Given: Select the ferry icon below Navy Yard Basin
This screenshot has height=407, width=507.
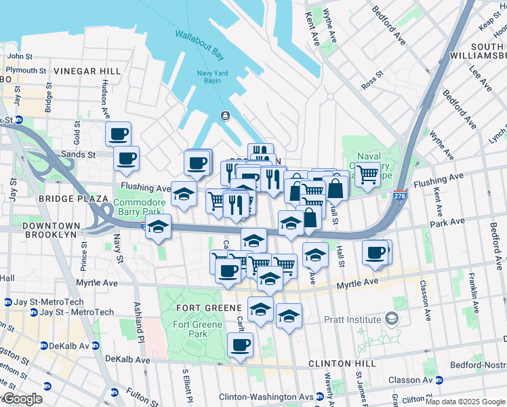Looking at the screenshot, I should (x=224, y=116).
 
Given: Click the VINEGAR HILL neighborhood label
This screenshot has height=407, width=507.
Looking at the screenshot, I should (x=87, y=71).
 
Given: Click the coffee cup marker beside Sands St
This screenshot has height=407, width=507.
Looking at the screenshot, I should (x=126, y=159).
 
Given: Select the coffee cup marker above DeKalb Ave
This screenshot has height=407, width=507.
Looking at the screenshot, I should (x=240, y=345).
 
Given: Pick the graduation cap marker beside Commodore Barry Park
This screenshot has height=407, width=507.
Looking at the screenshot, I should (x=184, y=194).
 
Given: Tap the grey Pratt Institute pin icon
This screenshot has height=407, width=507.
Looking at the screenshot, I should (x=391, y=317).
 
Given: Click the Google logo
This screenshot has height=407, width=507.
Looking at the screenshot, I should (x=22, y=399).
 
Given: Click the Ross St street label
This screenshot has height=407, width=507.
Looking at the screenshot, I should (x=372, y=83).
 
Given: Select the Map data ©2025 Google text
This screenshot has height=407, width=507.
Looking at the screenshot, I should (x=465, y=402).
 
